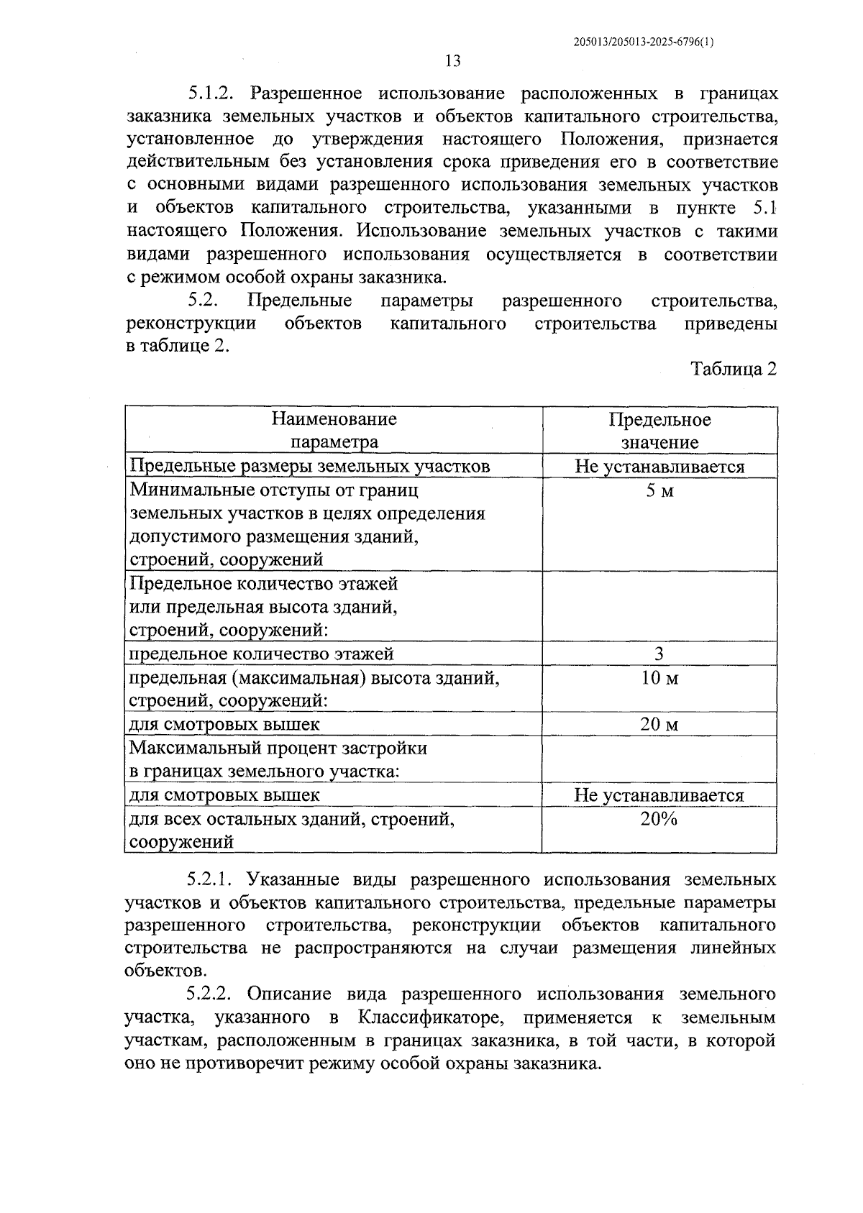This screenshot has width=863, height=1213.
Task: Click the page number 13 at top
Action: click(452, 61)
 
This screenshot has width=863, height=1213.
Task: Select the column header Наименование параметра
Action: click(334, 430)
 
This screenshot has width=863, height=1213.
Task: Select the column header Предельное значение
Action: click(659, 430)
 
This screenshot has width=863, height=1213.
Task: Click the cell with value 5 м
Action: click(659, 491)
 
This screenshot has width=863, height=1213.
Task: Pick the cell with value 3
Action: click(659, 654)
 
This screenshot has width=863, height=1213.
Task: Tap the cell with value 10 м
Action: click(659, 678)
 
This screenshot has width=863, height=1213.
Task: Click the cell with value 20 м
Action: click(659, 724)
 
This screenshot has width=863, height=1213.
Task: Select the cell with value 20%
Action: click(659, 819)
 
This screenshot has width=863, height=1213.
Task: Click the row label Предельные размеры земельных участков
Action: click(309, 467)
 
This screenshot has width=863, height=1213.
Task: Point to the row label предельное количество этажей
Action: click(261, 654)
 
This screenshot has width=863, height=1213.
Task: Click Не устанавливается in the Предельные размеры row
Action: click(659, 467)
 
